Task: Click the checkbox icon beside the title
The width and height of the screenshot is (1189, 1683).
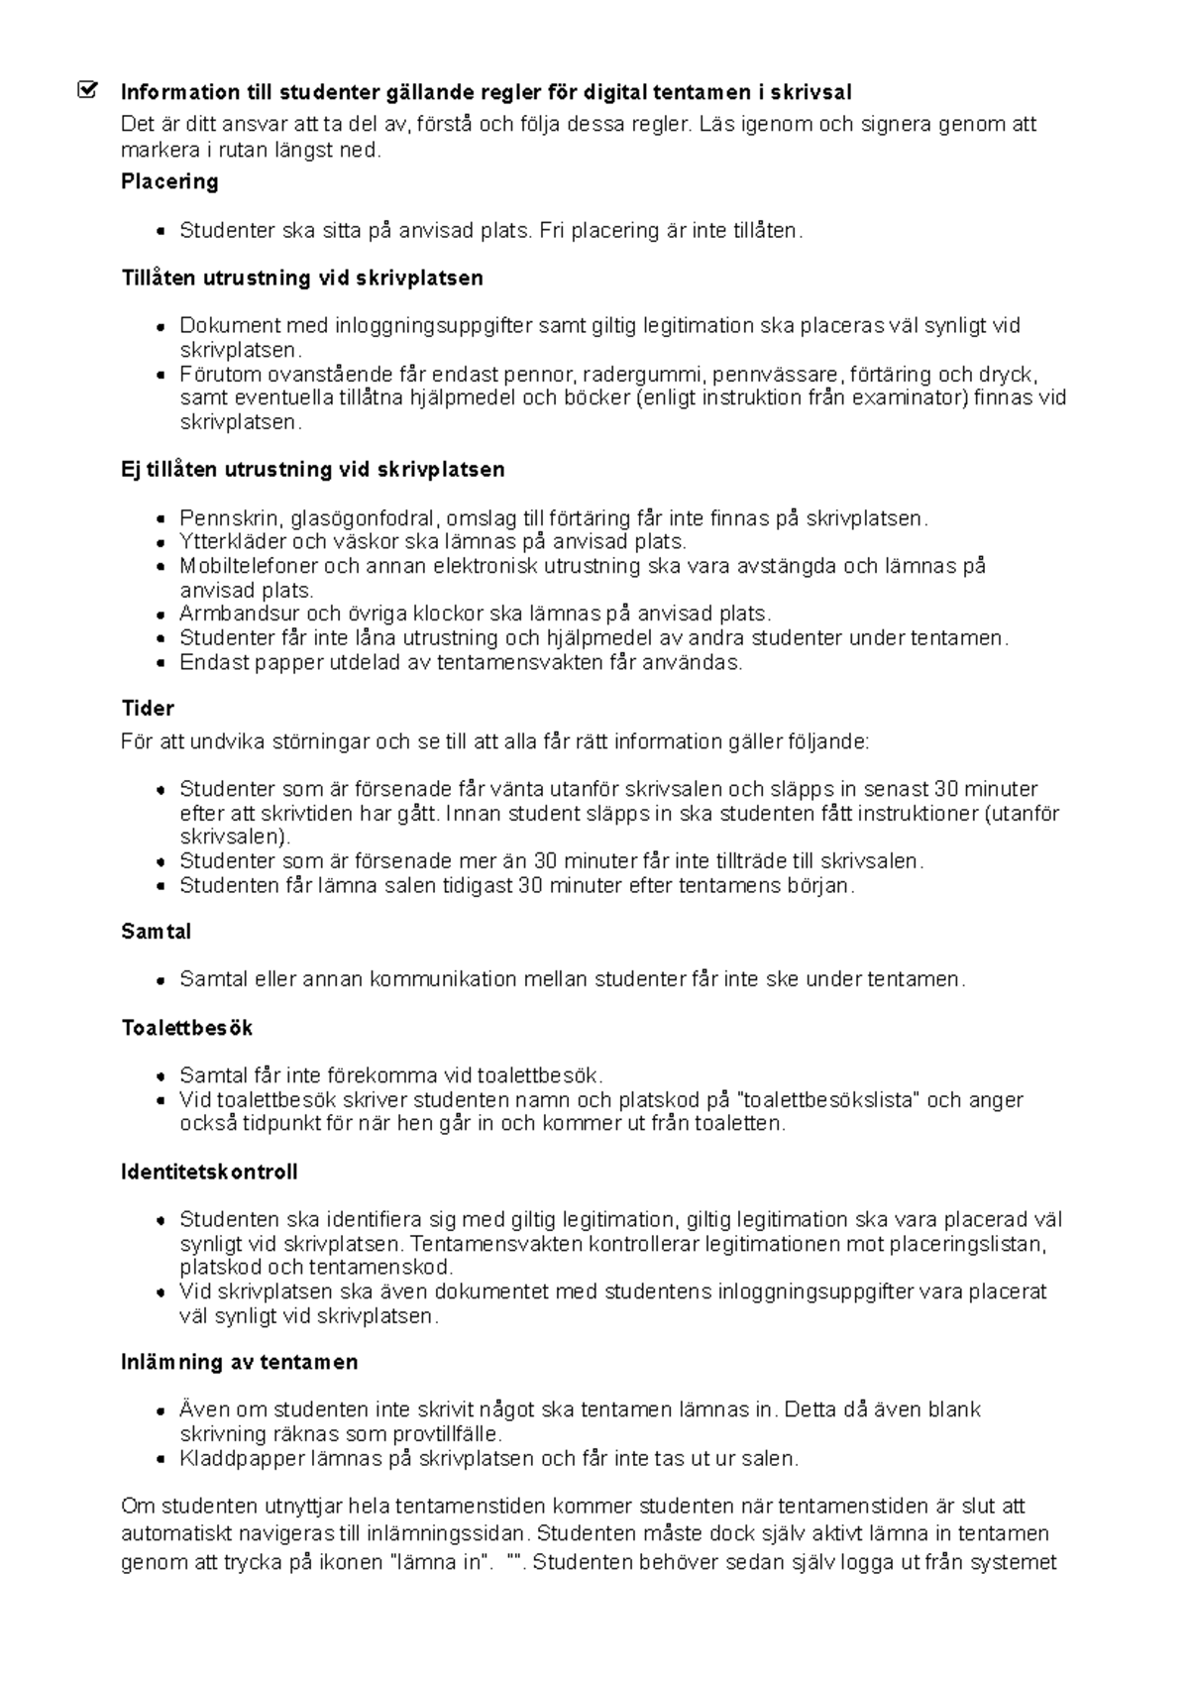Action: point(88,91)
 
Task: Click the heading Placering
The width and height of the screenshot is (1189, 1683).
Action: point(169,181)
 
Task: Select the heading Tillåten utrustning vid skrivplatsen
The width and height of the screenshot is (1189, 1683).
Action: point(302,278)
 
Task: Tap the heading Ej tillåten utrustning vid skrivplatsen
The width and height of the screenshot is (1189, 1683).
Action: point(312,469)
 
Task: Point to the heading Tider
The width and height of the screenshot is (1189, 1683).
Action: point(147,708)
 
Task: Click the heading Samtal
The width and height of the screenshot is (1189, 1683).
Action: point(156,932)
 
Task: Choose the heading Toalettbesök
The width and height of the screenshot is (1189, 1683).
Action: point(186,1028)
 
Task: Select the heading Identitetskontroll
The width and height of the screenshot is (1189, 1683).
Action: point(209,1172)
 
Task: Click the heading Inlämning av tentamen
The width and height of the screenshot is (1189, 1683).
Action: point(239,1363)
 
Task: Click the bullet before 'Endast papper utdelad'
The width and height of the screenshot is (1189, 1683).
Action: point(161,663)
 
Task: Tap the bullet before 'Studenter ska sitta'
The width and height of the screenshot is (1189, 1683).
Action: point(161,231)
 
